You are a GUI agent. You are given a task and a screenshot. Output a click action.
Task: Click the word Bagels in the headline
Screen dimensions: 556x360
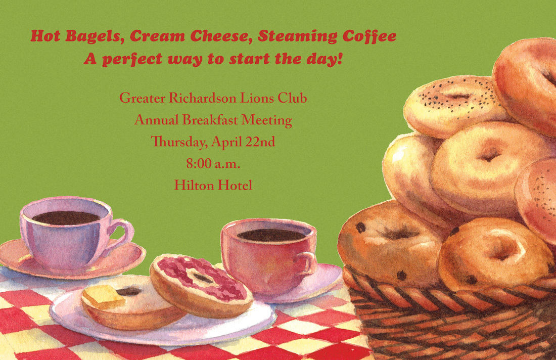point(95,37)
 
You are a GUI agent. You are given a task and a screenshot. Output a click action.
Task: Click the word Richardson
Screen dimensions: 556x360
point(202,98)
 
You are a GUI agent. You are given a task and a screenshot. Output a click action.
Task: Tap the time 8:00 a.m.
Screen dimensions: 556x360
point(213,164)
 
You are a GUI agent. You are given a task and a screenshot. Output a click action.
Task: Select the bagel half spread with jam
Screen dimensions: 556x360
point(201,285)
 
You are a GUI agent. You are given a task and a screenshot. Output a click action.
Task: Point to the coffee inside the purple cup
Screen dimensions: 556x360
point(66,218)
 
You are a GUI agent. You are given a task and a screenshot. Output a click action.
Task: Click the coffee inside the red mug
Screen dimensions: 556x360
point(271,235)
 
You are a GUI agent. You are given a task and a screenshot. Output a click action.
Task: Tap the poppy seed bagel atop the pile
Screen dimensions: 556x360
point(455,106)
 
